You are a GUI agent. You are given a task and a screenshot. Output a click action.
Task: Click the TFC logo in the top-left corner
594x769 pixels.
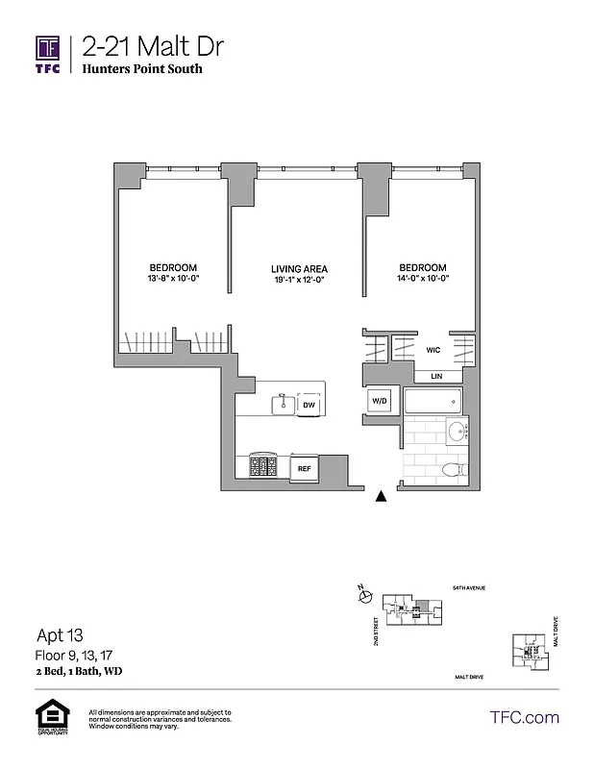click(x=48, y=53)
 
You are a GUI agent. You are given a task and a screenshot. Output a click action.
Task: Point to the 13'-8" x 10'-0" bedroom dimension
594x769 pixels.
click(x=173, y=279)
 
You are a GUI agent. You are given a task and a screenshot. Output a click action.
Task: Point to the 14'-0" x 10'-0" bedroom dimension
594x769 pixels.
click(x=421, y=279)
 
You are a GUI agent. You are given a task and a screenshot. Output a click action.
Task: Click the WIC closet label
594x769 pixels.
click(x=433, y=351)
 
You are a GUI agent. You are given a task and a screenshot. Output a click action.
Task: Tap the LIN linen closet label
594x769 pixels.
click(x=435, y=376)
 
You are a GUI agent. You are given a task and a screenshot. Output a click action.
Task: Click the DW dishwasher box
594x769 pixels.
click(x=309, y=406)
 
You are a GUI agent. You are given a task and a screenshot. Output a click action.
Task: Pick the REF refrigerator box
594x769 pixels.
click(x=304, y=468)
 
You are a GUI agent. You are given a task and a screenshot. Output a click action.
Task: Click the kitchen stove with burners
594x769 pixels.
click(x=264, y=467)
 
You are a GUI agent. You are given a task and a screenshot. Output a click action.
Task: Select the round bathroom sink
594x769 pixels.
click(x=457, y=431)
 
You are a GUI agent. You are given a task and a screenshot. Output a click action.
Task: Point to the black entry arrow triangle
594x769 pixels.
click(x=382, y=496)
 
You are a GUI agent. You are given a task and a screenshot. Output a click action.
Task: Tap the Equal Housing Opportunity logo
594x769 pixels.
click(x=48, y=720)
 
